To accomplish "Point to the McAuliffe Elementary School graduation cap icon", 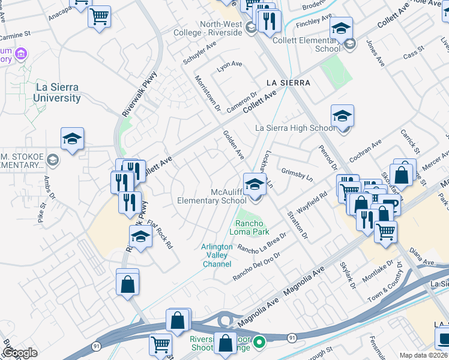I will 254,184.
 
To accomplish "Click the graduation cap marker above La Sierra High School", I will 342,116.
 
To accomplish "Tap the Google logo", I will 19,353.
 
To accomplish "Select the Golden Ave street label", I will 234,146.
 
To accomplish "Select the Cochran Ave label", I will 366,148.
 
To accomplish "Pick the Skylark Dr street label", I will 348,274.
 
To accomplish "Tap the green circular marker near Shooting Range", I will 259,343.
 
